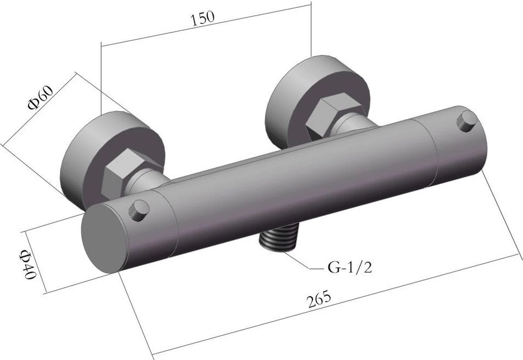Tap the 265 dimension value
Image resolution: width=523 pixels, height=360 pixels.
click(x=319, y=300)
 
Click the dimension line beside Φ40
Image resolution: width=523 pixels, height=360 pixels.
click(x=37, y=262)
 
